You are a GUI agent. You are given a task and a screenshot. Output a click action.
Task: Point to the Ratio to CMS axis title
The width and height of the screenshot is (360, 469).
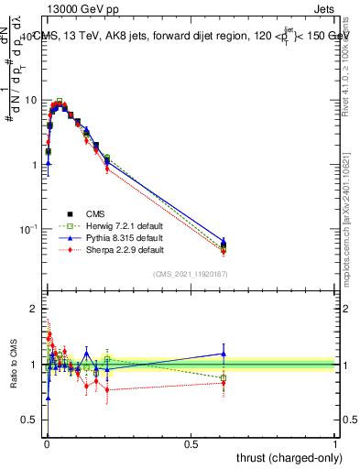[x=13, y=365]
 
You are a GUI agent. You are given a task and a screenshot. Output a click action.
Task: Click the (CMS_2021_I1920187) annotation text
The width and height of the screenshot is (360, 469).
[x=191, y=274]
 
